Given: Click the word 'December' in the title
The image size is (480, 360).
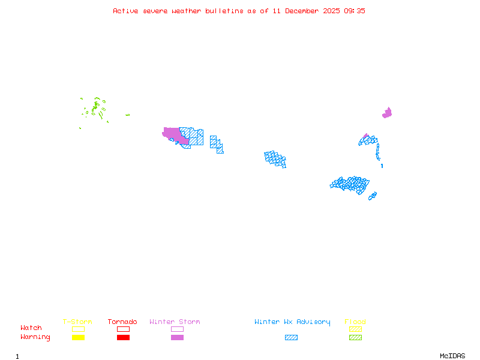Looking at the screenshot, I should [x=302, y=11].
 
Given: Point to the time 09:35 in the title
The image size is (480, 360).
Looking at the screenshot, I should [x=354, y=11].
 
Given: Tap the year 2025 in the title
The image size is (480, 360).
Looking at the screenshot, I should [x=331, y=11].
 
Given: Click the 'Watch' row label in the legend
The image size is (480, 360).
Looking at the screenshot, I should [x=31, y=328].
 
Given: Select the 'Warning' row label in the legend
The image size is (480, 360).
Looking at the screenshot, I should [x=35, y=337].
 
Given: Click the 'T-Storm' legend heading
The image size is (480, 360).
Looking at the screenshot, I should [x=77, y=322].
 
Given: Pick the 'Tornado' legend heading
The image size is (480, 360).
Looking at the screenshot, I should [x=122, y=322].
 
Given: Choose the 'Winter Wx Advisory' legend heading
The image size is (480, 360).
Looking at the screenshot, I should [x=292, y=322].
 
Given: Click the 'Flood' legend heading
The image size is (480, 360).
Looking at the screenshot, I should [x=355, y=322].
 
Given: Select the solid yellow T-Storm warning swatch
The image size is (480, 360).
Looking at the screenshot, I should [x=78, y=337].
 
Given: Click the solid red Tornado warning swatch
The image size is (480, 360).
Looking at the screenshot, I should [x=123, y=337].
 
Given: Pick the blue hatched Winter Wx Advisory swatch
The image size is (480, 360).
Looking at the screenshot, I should [x=291, y=337].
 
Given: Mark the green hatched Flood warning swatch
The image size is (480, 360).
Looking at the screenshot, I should [x=355, y=337].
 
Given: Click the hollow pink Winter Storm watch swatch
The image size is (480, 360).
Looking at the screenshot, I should [x=177, y=329].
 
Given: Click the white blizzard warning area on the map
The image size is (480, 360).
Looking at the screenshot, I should [x=381, y=159].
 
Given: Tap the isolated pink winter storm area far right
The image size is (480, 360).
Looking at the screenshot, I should [x=388, y=113].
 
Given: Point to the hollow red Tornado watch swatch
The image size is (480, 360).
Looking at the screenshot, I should [x=123, y=329].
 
